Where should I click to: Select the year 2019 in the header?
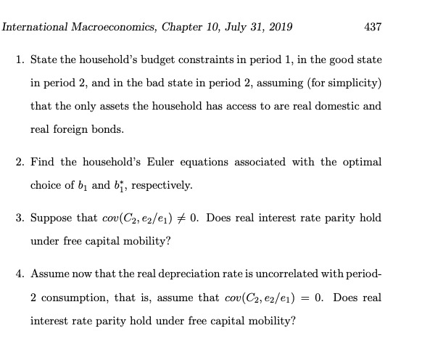click(277, 27)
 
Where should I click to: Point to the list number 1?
click(19, 59)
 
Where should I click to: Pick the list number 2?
click(19, 162)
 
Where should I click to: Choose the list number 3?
click(19, 218)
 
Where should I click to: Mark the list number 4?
click(19, 274)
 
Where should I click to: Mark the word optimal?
click(365, 162)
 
